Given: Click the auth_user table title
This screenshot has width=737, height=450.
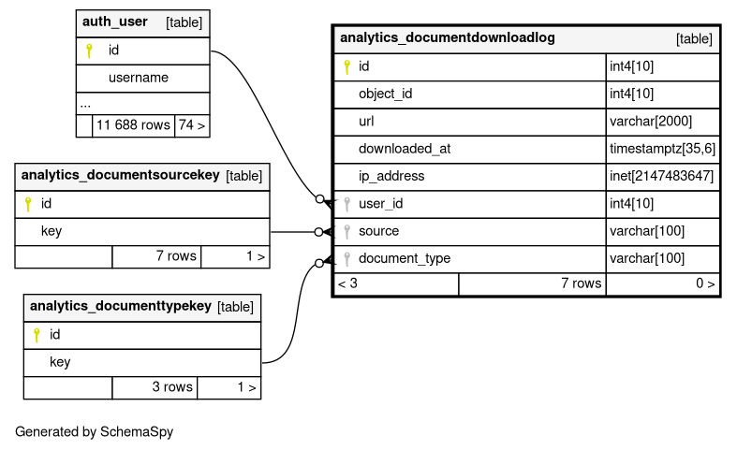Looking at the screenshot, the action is point(114,22).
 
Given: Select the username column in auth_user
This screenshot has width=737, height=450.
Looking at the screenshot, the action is point(139,78).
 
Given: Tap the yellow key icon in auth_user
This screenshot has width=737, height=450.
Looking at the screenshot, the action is point(89,51).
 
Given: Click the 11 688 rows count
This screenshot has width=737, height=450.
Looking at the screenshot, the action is point(133,125).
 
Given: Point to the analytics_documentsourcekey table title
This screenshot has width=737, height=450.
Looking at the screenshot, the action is point(120,175).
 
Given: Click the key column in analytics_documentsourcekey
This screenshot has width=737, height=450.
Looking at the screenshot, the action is point(52,231).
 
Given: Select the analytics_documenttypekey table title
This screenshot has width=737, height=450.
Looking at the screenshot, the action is point(121,306).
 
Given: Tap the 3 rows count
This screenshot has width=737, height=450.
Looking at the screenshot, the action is point(172,386).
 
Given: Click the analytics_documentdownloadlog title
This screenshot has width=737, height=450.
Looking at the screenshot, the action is point(447,37).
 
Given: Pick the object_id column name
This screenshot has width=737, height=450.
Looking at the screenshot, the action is point(386,94).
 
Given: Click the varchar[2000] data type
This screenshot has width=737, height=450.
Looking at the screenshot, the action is point(651,122).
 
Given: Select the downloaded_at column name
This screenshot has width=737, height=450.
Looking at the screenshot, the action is point(405,149).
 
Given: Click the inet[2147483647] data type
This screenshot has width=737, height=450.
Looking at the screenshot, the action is point(661,176).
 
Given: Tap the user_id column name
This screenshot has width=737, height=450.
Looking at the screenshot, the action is point(381,204).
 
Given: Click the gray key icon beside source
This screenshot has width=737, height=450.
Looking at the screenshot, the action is point(346,232).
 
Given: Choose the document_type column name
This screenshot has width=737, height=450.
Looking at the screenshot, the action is point(405,258).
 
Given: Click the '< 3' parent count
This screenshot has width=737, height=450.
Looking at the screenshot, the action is point(347,283).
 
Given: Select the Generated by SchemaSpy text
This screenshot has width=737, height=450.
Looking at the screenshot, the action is point(94,431).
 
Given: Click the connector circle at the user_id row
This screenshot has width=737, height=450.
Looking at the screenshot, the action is point(319,199).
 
